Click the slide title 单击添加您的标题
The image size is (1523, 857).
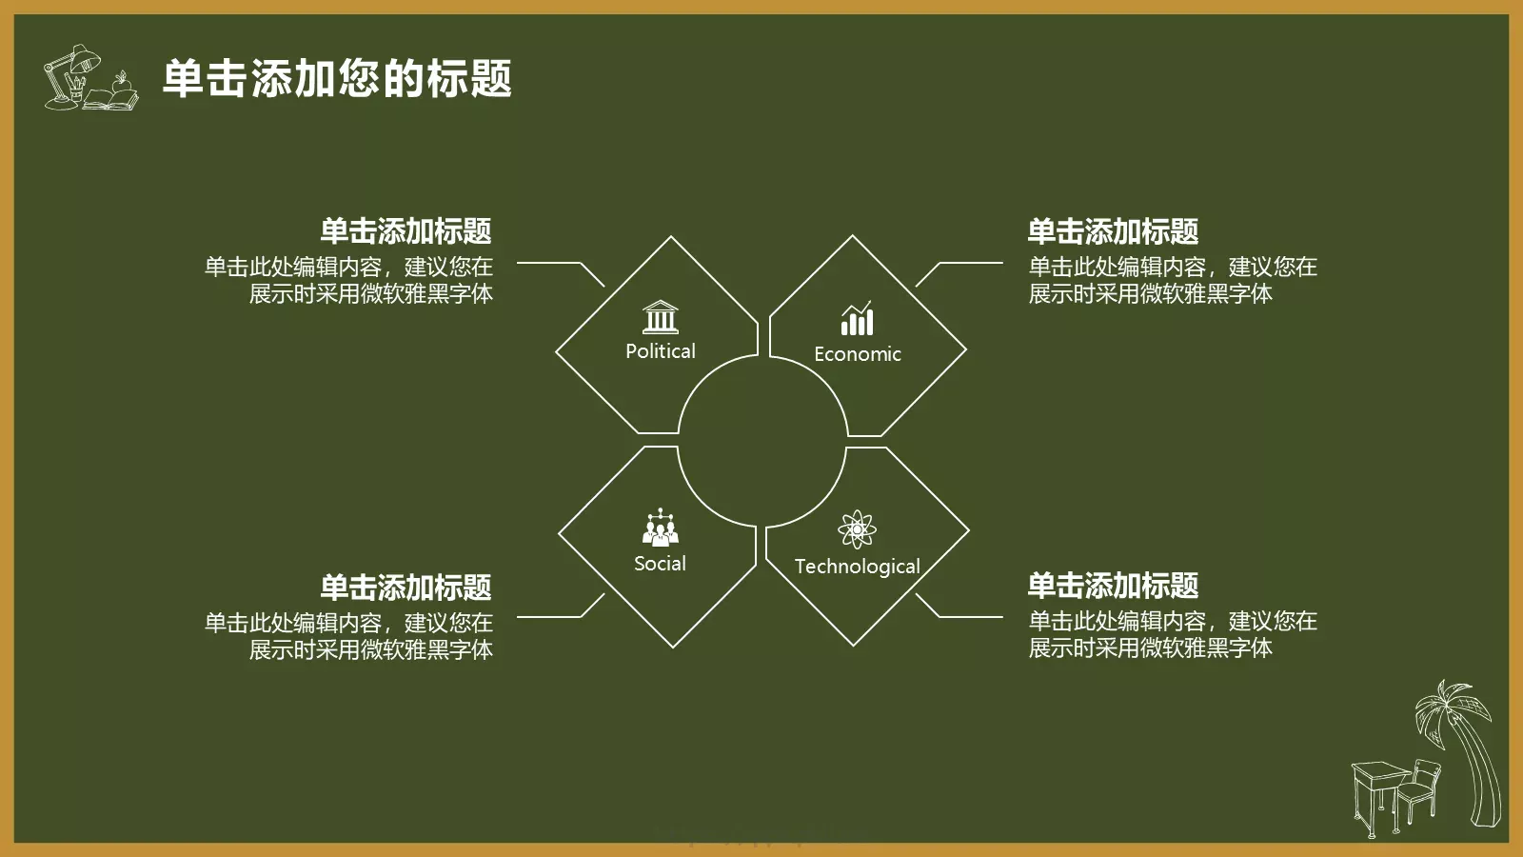(337, 78)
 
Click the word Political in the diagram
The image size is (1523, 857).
(661, 351)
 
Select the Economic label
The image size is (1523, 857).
(857, 354)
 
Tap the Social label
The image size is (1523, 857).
(660, 564)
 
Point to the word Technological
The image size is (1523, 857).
(857, 567)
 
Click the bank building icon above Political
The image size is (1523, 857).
(661, 317)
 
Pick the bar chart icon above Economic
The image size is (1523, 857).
(857, 319)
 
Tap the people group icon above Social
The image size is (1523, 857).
(661, 528)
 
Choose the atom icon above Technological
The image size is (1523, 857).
(857, 529)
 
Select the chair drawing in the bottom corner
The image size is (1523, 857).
(1419, 790)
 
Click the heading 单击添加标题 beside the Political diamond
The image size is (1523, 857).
(405, 231)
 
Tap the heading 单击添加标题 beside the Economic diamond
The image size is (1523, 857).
(1113, 231)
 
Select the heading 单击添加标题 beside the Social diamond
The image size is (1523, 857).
(405, 588)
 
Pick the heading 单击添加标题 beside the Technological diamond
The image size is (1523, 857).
(1113, 586)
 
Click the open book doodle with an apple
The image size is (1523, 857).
(113, 95)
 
